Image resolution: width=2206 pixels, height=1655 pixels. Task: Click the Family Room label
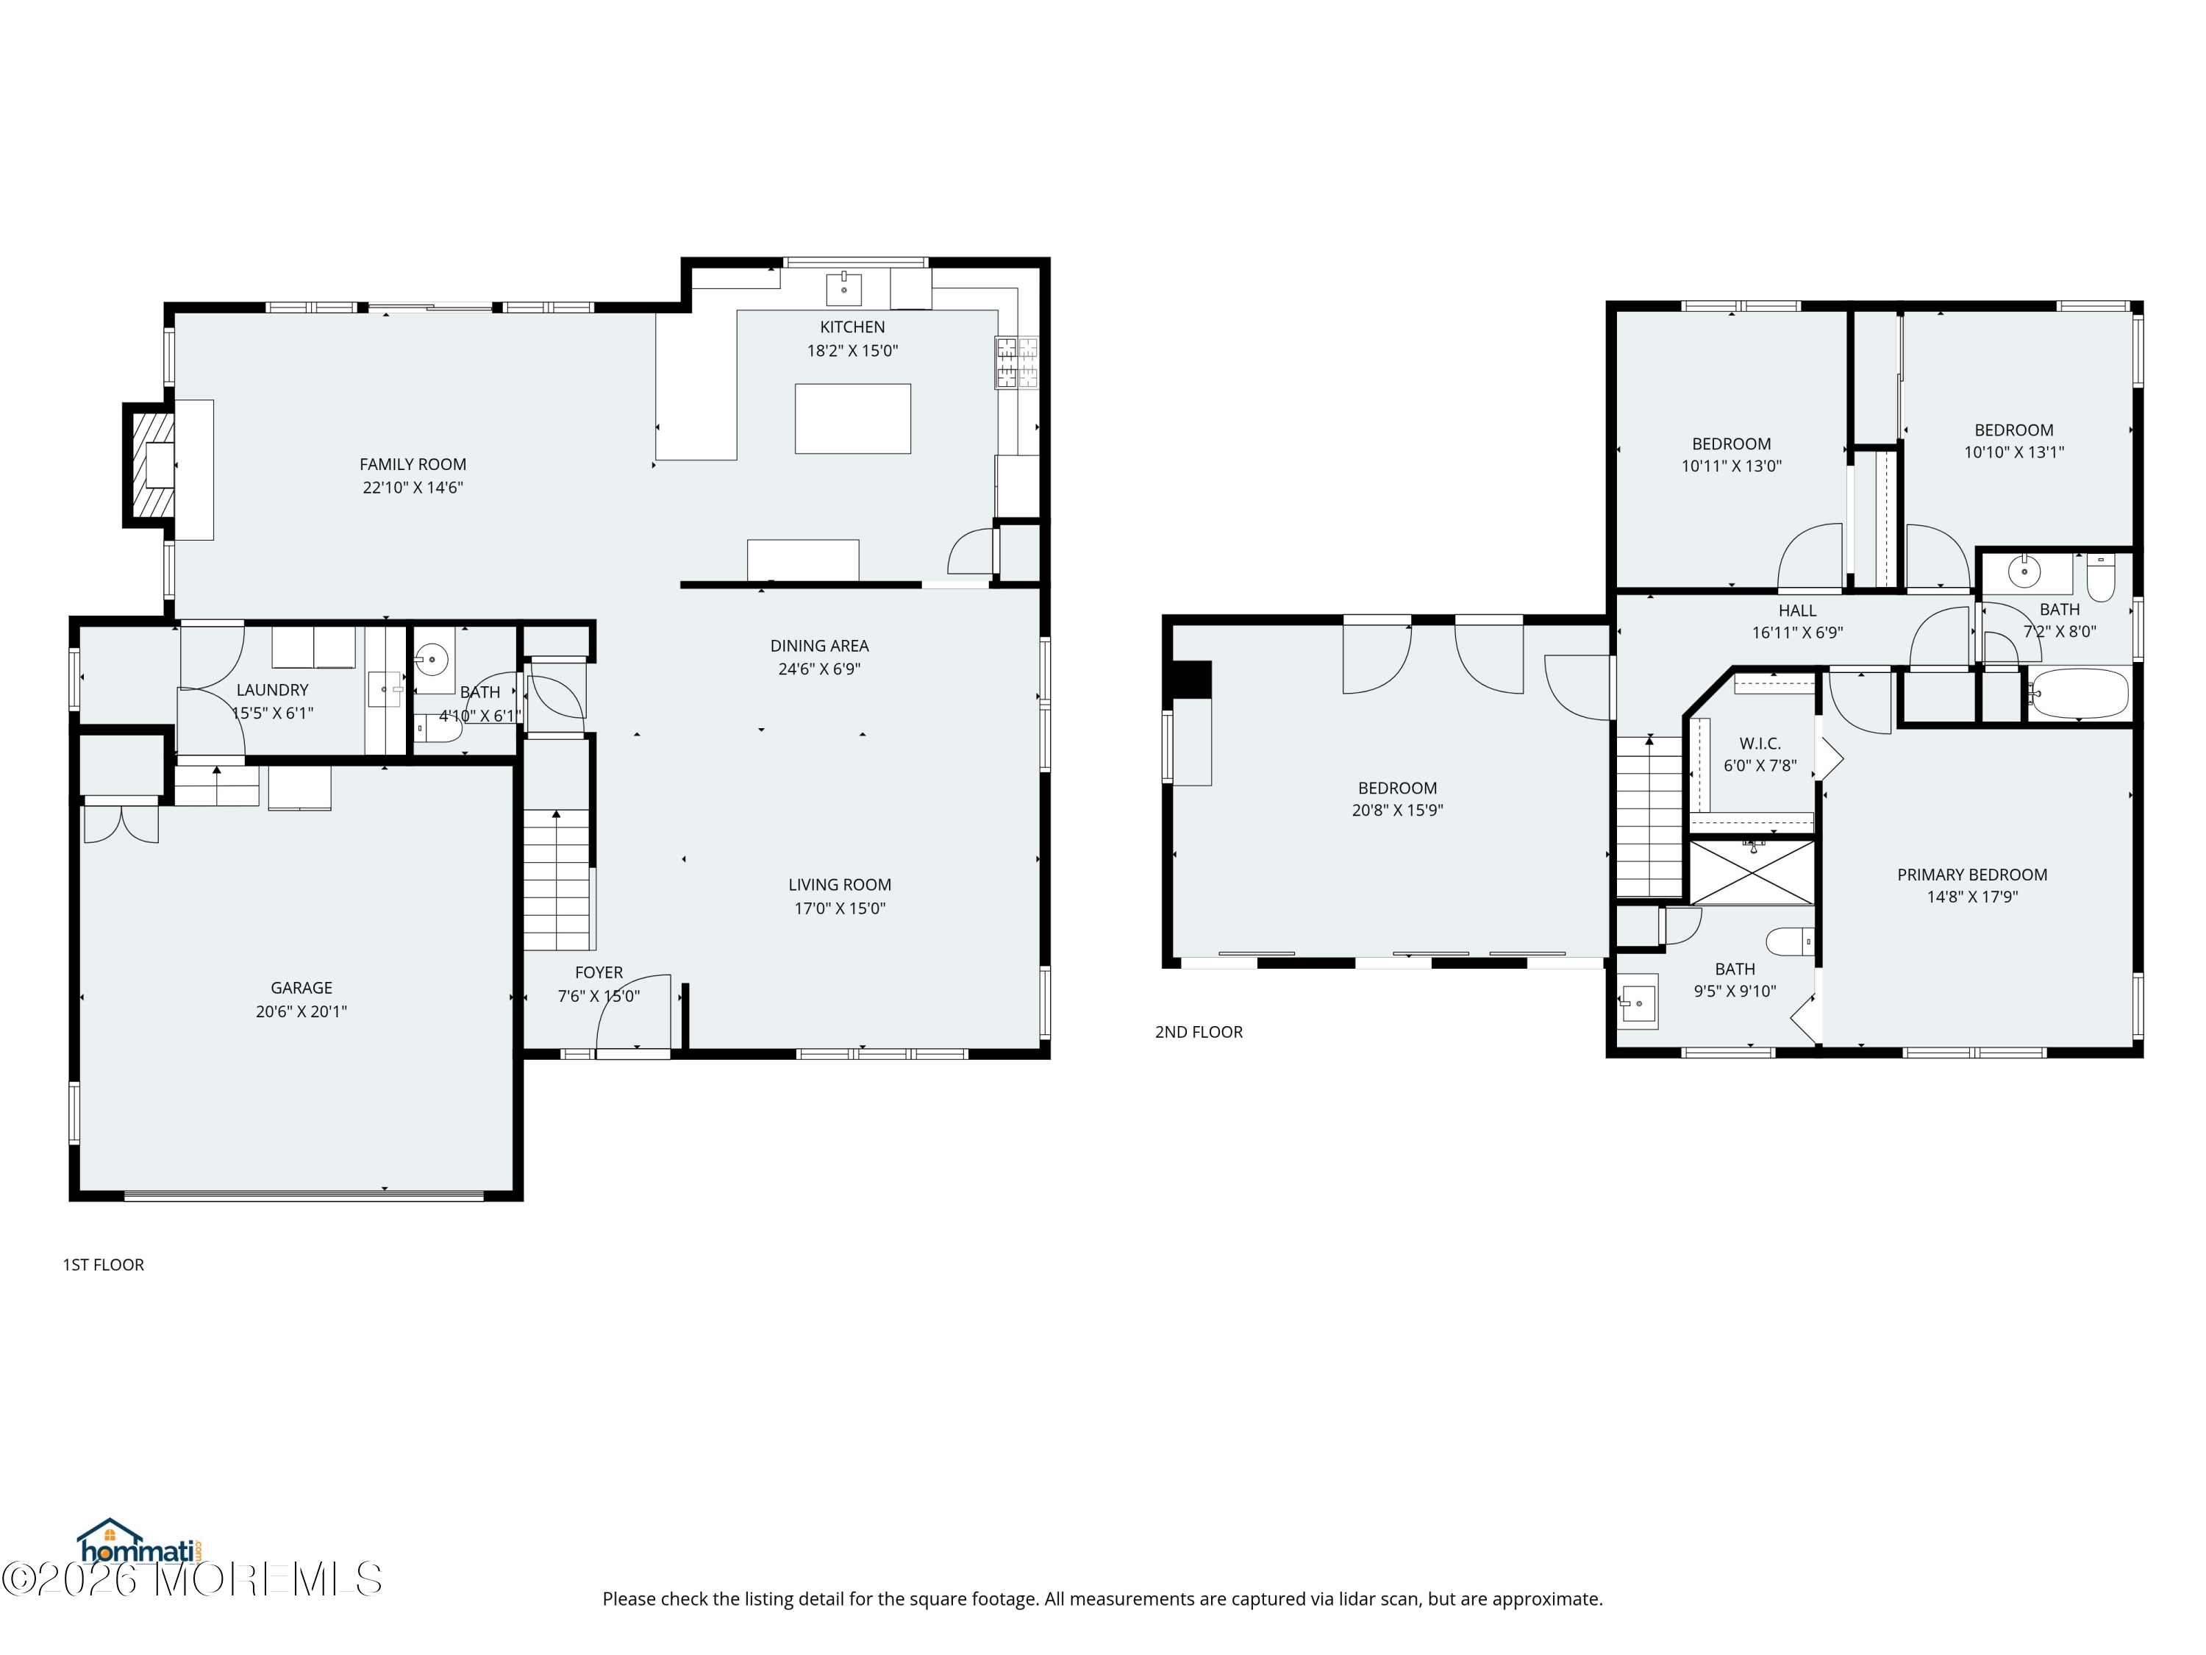413,464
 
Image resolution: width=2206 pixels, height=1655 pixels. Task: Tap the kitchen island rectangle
853,419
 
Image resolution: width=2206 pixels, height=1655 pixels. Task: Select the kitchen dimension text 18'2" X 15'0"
853,350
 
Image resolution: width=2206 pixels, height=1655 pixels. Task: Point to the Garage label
301,988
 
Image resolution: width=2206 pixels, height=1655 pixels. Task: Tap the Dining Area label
820,645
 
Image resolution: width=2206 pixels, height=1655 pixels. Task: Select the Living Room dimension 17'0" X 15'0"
840,908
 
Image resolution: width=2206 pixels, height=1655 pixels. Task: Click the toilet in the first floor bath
438,729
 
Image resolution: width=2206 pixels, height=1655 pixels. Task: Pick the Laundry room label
272,689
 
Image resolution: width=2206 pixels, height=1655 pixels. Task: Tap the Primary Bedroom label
1971,875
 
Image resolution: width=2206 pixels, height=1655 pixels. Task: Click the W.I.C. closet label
1760,743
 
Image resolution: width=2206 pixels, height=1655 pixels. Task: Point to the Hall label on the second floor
1797,611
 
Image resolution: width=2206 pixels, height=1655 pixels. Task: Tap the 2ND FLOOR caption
1199,1031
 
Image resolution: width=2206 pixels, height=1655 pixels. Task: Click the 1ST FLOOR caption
104,1264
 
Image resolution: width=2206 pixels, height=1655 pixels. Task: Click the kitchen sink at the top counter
843,288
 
